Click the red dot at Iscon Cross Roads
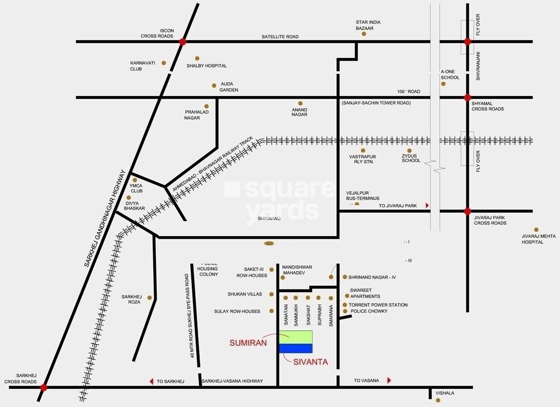pyautogui.click(x=183, y=41)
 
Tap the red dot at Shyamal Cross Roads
pyautogui.click(x=467, y=98)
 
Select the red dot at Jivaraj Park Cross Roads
pyautogui.click(x=467, y=211)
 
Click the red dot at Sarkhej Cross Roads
pyautogui.click(x=44, y=388)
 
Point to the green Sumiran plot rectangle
pyautogui.click(x=296, y=336)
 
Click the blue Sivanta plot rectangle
pyautogui.click(x=296, y=348)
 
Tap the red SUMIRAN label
pyautogui.click(x=248, y=342)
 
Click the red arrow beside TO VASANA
pyautogui.click(x=389, y=381)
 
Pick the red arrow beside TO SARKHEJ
pyautogui.click(x=151, y=381)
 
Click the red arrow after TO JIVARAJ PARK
pyautogui.click(x=427, y=205)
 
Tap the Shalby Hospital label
pyautogui.click(x=207, y=66)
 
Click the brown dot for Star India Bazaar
pyautogui.click(x=364, y=34)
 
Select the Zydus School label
pyautogui.click(x=411, y=158)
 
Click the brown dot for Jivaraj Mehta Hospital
pyautogui.click(x=536, y=229)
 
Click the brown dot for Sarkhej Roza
pyautogui.click(x=149, y=297)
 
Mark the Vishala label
pyautogui.click(x=445, y=393)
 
